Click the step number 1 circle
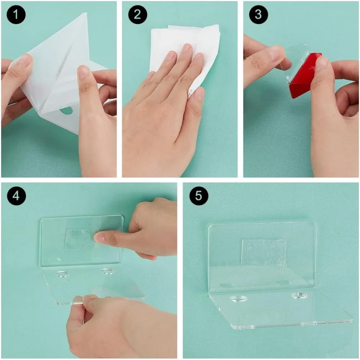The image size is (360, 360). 16,15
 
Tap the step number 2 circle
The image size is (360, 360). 137,15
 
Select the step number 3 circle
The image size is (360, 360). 258,15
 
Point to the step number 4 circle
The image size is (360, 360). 16,196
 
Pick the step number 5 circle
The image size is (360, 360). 199,196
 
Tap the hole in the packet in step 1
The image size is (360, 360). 66,111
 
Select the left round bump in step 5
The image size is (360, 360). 238,298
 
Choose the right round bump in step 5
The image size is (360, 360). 300,295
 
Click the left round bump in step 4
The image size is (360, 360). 62,274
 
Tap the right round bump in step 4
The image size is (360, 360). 108,271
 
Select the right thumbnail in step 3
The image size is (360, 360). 321,62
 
